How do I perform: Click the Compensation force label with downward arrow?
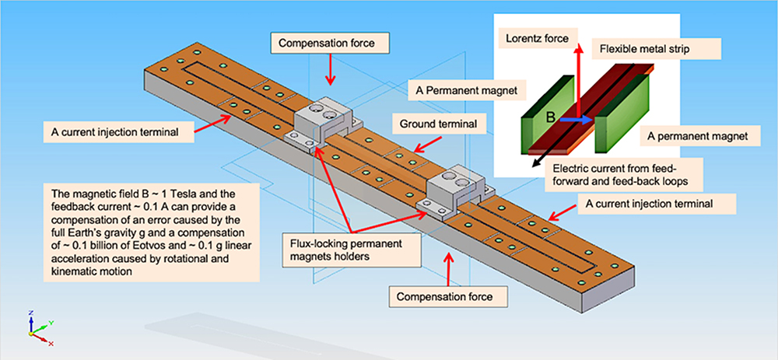point(328,43)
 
